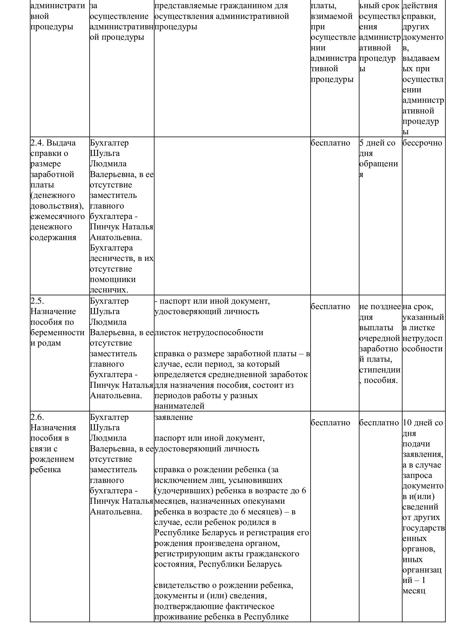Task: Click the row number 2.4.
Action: click(x=37, y=143)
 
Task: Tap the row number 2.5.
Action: click(x=37, y=301)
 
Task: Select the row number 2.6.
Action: click(x=37, y=417)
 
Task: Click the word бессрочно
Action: click(x=422, y=143)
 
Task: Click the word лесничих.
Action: click(x=109, y=290)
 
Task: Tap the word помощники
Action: click(x=113, y=279)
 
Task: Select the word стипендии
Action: click(x=380, y=370)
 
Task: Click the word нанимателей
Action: click(x=179, y=406)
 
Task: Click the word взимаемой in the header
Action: click(x=332, y=16)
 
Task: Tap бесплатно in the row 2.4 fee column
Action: click(x=330, y=143)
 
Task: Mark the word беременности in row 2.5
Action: click(x=57, y=332)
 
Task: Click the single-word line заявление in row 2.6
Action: click(x=173, y=417)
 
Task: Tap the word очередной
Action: click(x=380, y=338)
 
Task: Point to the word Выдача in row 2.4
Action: click(x=61, y=143)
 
